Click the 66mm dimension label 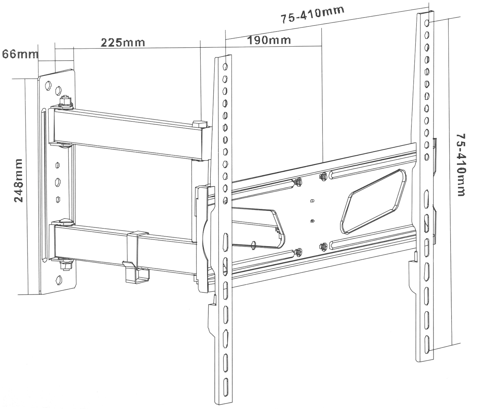(x=20, y=54)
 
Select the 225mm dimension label (x=123, y=43)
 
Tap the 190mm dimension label (x=269, y=40)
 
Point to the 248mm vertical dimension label (x=18, y=181)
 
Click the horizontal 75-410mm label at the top (x=312, y=15)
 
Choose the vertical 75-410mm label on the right (x=460, y=165)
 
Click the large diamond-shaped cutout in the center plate (x=373, y=201)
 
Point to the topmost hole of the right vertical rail (x=427, y=23)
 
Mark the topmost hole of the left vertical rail (x=225, y=67)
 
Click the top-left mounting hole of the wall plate (x=48, y=85)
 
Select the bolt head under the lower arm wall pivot (x=66, y=265)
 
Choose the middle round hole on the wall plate (x=58, y=183)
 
